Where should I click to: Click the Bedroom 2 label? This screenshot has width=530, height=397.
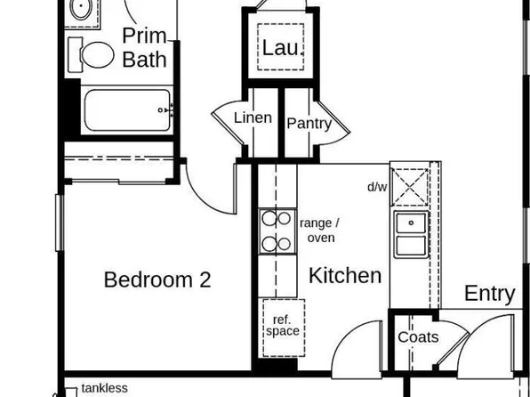pos(157,280)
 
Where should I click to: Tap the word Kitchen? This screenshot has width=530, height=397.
pos(345,275)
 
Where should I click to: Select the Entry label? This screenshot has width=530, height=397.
pos(490,294)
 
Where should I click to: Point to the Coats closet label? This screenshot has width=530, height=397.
pos(418,337)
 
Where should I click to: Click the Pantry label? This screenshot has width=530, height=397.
pos(309,124)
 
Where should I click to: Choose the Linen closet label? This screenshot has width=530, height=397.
pos(253,117)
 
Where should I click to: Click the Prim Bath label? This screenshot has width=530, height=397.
pos(144,48)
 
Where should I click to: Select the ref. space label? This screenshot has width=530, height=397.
pos(282,325)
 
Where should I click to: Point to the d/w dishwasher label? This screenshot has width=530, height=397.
pos(377,187)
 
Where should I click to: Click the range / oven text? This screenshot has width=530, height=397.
pos(319,231)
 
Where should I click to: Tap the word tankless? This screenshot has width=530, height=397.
pos(105,388)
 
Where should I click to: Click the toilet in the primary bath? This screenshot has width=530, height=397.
pos(92,54)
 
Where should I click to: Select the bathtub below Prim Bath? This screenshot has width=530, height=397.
pos(127,110)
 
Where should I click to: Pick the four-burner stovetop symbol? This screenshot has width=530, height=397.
pos(277,231)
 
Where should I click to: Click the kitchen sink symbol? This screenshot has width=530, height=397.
pos(411,233)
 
